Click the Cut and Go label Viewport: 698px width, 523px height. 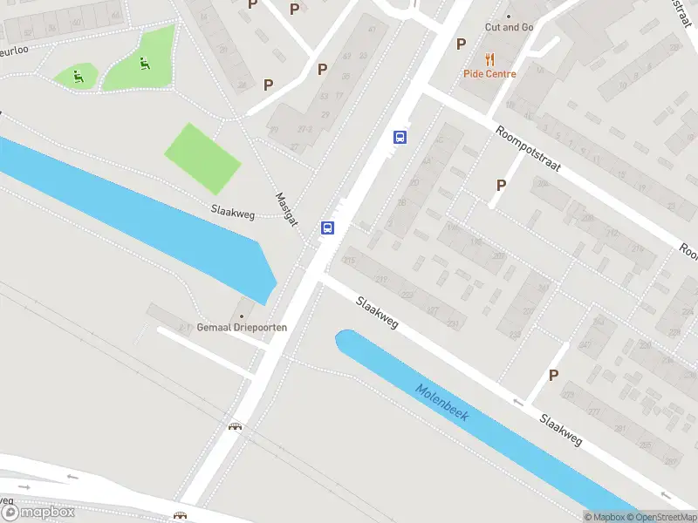[509, 27]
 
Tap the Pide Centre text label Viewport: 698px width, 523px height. [489, 74]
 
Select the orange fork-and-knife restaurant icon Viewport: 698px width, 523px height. [489, 59]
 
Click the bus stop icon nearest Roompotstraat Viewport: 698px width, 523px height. [400, 137]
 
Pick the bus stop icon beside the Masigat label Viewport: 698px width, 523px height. [327, 228]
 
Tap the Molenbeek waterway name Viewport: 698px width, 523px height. [441, 403]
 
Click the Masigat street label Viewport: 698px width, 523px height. [287, 210]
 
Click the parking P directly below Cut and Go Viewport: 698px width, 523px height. [462, 44]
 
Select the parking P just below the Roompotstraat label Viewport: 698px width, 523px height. [501, 185]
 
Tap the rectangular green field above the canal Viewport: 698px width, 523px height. [202, 158]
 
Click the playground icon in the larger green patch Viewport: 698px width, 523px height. [143, 62]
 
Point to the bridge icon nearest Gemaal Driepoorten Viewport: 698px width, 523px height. [234, 426]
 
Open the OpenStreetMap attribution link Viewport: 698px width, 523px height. [661, 517]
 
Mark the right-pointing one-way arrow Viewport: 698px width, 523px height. [24, 486]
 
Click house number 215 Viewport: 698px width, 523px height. [351, 261]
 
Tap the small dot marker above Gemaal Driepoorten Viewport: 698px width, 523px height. [243, 316]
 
